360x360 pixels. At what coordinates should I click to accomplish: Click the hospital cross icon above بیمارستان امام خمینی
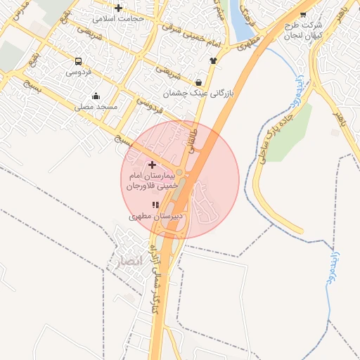point(152,165)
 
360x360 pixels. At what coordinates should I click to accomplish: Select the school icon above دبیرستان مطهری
point(155,205)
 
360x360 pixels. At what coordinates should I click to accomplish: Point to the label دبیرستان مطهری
point(155,217)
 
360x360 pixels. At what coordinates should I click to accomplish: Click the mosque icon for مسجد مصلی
point(96,96)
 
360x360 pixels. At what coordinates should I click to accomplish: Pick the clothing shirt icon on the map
point(213,60)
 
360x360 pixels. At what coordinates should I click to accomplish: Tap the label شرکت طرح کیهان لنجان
point(302,30)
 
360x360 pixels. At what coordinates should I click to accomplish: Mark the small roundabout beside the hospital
point(179,172)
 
